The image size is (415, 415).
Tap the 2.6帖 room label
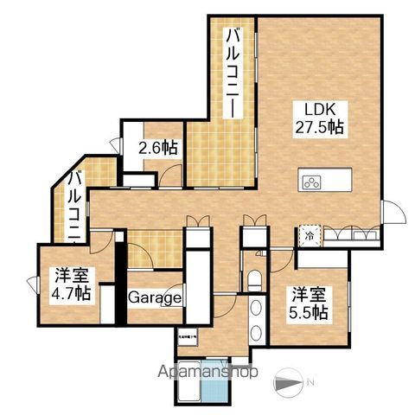coord(158,148)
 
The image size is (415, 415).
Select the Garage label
coord(156,298)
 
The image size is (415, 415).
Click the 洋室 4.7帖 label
coord(70,283)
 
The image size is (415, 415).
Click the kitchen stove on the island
coord(312,182)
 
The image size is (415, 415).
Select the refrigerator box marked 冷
coord(309,234)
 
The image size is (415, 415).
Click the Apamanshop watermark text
coord(207,373)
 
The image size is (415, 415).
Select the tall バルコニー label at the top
coord(233,73)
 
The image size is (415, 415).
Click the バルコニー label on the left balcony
coord(76,206)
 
